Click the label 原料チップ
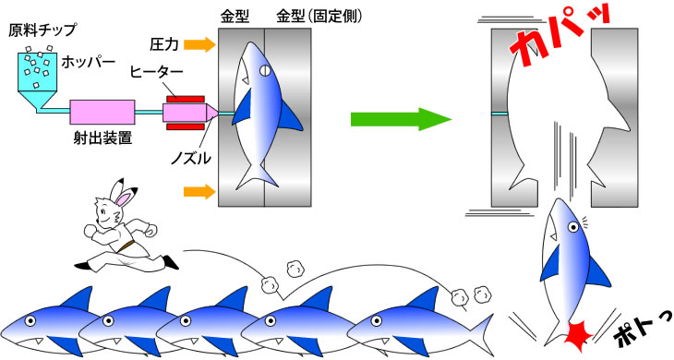pos(42,30)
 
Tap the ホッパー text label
pos(88,62)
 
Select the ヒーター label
pos(157,72)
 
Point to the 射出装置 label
pos(102,138)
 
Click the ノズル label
pos(191,159)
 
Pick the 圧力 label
pos(164,44)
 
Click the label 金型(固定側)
pos(319,17)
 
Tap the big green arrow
pos(401,119)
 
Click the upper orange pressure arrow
pos(199,44)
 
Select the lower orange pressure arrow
pos(199,192)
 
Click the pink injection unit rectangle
pos(102,112)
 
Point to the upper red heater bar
pos(186,100)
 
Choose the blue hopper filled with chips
pos(38,78)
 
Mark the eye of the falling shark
pos(573,227)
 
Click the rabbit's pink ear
pos(125,198)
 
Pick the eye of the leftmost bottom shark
pos(30,320)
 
